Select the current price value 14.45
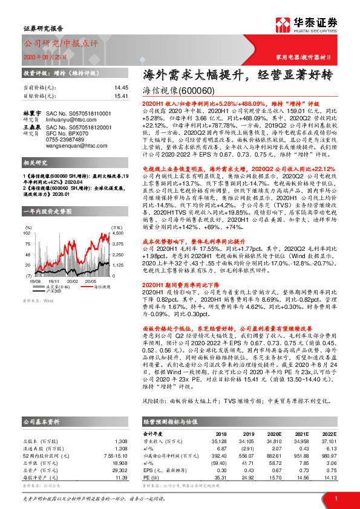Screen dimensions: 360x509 point(122,88)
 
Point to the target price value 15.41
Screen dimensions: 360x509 point(122,96)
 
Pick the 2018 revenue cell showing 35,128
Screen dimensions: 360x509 point(224,441)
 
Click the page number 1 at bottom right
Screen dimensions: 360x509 point(336,498)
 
